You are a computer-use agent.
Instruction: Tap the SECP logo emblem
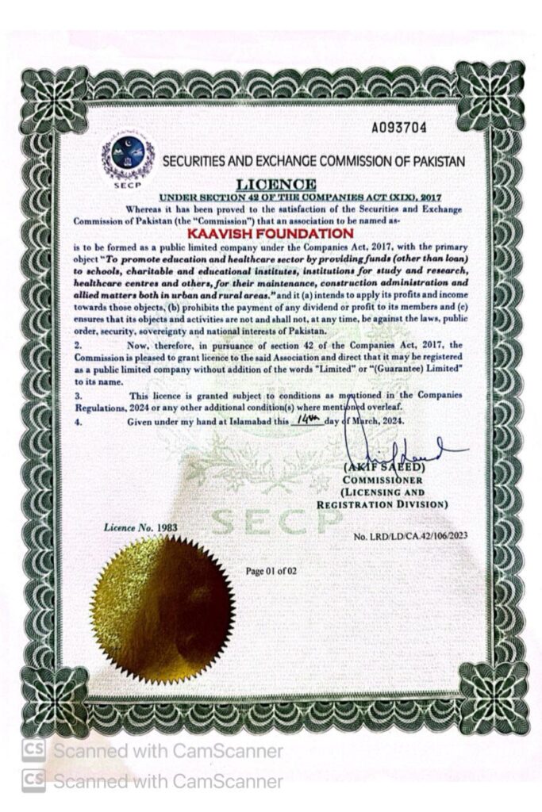[128, 157]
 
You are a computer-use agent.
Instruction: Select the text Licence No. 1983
[141, 526]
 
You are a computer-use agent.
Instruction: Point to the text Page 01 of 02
[271, 570]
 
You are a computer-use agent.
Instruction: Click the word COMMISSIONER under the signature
[383, 481]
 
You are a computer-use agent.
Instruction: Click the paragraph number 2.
[78, 346]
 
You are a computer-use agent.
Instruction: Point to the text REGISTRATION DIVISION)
[382, 504]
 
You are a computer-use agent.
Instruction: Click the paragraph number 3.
[78, 395]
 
